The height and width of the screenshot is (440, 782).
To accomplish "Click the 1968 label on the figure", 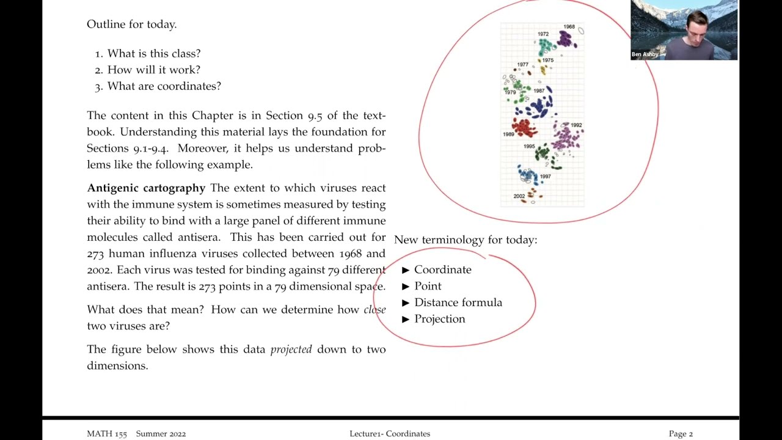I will click(x=569, y=27).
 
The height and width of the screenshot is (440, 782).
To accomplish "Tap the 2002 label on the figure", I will click(x=519, y=196).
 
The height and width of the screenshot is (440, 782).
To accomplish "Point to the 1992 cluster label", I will click(x=576, y=125).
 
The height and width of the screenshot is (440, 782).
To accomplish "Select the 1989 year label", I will click(x=508, y=134).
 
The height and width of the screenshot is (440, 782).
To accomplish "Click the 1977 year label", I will click(x=522, y=64).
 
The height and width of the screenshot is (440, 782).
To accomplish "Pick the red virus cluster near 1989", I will click(x=523, y=128).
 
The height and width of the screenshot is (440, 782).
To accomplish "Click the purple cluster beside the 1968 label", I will click(x=566, y=40).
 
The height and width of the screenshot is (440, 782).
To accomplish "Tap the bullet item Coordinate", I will click(x=442, y=269).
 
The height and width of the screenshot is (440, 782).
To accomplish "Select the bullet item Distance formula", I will click(x=458, y=302).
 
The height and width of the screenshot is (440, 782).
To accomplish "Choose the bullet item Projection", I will click(x=439, y=319).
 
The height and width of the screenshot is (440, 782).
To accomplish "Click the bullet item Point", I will click(x=428, y=286).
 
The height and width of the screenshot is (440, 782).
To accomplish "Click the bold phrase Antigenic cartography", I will click(x=146, y=188).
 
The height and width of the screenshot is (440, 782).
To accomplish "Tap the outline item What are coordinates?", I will click(x=164, y=86).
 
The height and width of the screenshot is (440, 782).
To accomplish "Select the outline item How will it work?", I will click(x=153, y=70).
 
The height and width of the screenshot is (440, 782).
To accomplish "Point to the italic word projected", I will click(x=291, y=350).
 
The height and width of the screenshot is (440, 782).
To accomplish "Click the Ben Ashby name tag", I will click(x=645, y=54).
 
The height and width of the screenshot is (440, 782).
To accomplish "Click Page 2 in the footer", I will click(x=681, y=434).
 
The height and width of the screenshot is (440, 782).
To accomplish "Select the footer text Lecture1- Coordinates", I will click(x=390, y=434).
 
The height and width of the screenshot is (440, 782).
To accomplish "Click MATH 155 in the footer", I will click(x=107, y=434).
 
